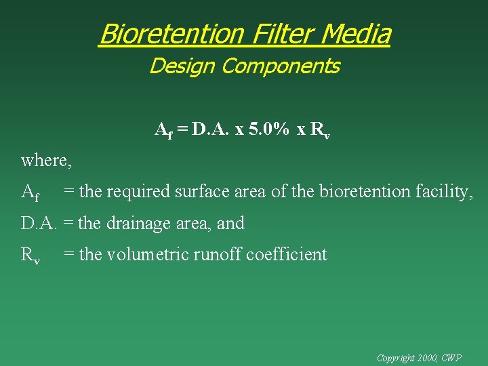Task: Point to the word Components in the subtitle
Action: coord(281,66)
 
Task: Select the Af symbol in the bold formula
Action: coord(164,130)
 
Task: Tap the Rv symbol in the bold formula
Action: coord(319,130)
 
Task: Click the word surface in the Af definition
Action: coord(201,192)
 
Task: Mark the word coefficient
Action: coord(286,254)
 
